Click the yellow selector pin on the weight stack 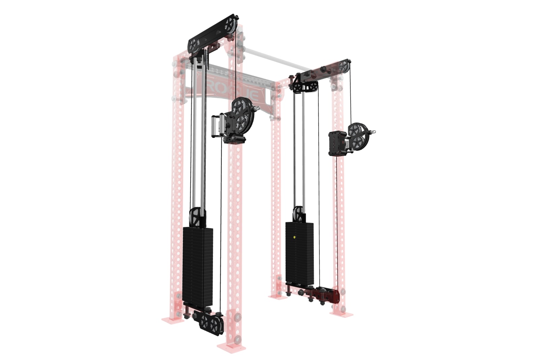pyautogui.click(x=295, y=237)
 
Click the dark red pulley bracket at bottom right pyautogui.click(x=325, y=295)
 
